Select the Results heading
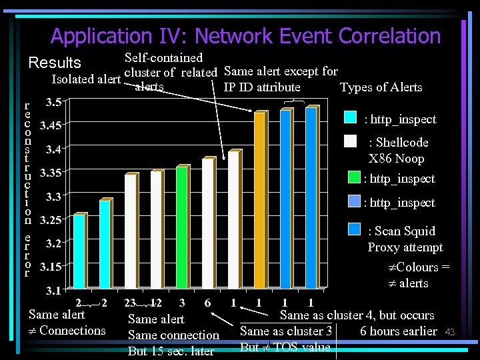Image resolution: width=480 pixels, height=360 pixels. (x=55, y=63)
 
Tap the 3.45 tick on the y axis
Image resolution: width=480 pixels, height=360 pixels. (x=51, y=125)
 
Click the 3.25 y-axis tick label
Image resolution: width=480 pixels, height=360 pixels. (x=51, y=219)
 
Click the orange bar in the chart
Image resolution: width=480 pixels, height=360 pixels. (x=259, y=200)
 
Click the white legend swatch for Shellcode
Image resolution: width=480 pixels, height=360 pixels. (x=351, y=141)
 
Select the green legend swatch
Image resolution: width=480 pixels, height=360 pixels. (x=356, y=177)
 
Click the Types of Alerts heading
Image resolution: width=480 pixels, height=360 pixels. (x=381, y=87)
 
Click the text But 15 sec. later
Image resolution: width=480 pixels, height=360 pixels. (x=171, y=351)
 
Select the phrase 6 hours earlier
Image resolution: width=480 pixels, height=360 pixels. (x=398, y=331)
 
